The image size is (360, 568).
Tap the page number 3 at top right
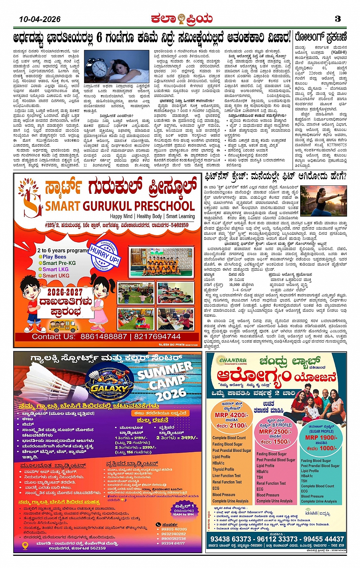tap(338, 19)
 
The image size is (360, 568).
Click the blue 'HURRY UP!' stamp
tap(104, 255)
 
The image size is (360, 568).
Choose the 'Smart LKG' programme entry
tap(56, 269)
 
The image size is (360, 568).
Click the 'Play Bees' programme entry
tap(54, 257)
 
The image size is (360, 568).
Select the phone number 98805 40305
tap(174, 529)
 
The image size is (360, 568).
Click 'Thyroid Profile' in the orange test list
tap(223, 469)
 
